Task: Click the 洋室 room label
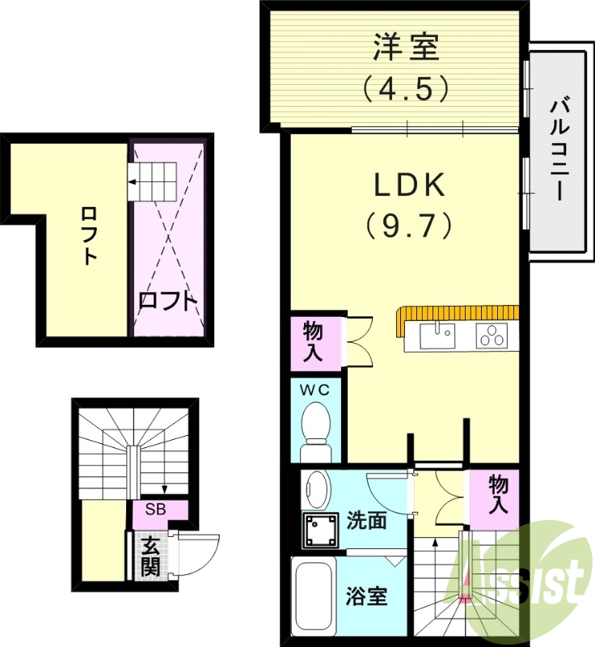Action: point(406,47)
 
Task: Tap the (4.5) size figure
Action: point(406,87)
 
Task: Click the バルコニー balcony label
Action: point(557,149)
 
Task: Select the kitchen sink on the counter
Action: point(436,334)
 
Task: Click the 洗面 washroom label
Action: point(367,519)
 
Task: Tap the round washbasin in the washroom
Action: point(317,488)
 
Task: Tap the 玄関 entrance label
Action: point(150,556)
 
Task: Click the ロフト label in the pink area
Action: point(167,301)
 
